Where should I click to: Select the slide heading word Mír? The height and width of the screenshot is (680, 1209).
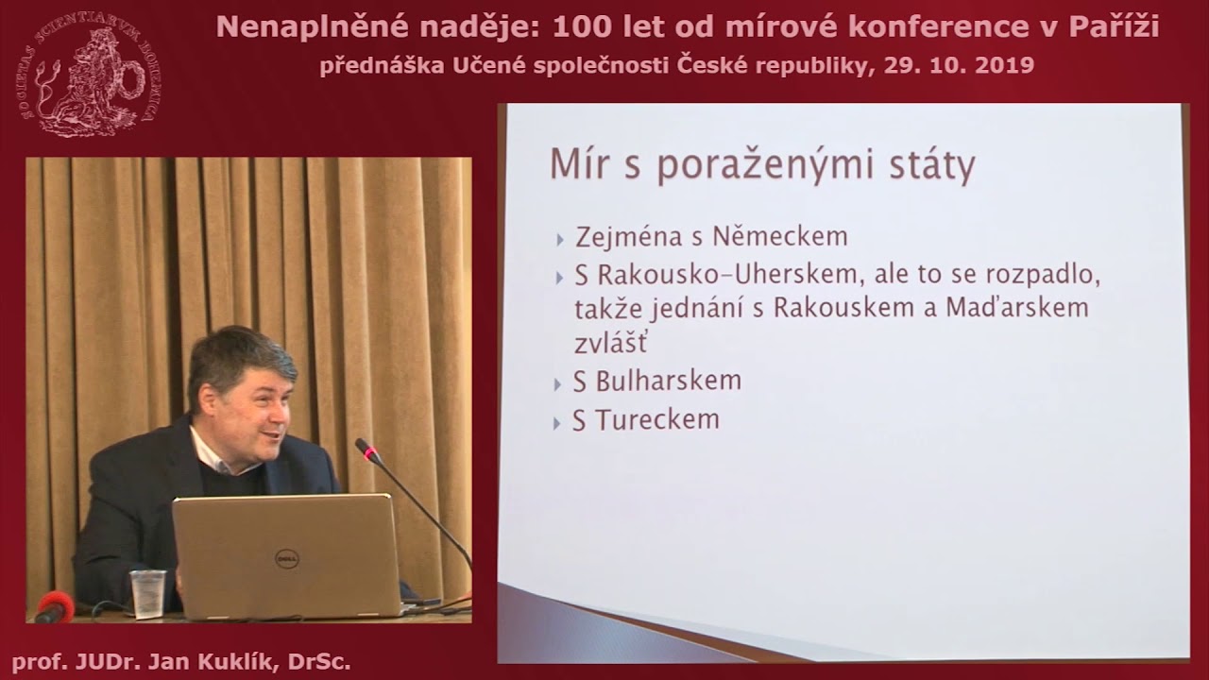pyautogui.click(x=574, y=165)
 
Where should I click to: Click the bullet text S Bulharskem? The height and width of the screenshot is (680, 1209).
pyautogui.click(x=656, y=382)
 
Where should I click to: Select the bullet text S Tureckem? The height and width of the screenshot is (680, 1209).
pyautogui.click(x=645, y=419)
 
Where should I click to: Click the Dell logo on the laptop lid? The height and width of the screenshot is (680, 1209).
pyautogui.click(x=287, y=559)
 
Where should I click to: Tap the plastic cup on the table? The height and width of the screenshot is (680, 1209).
pyautogui.click(x=147, y=593)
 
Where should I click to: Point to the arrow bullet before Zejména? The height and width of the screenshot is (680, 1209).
pyautogui.click(x=560, y=239)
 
